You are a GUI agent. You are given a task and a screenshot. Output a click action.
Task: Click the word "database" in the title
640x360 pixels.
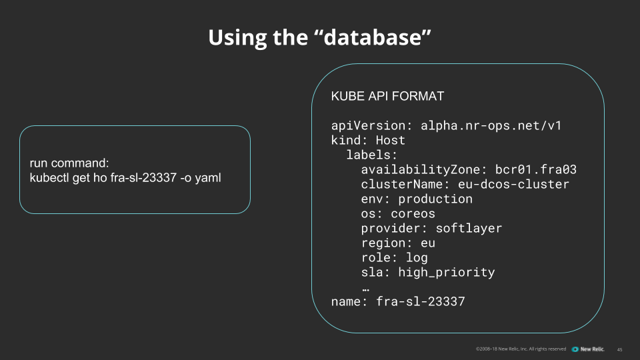(372, 37)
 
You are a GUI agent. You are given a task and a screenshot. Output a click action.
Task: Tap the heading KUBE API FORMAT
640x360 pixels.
(387, 96)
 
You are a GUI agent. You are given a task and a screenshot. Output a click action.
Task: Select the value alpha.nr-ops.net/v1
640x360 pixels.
(491, 126)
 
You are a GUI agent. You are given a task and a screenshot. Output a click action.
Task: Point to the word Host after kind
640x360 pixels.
(390, 140)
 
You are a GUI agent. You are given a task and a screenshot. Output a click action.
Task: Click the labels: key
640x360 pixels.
(371, 155)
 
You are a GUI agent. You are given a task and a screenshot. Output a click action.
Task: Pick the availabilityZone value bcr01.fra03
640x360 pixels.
(535, 169)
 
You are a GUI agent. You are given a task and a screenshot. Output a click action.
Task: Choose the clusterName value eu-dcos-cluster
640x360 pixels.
(513, 184)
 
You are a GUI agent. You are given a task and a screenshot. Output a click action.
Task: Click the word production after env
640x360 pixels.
(435, 199)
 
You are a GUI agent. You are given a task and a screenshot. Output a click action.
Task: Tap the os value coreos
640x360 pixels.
(413, 213)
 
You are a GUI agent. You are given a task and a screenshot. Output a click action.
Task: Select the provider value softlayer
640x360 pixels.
(469, 228)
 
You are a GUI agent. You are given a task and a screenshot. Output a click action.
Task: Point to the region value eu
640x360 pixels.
(428, 243)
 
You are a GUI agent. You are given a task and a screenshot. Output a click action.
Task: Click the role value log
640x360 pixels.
(417, 257)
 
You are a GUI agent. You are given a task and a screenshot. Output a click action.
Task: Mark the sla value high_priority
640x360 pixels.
(446, 272)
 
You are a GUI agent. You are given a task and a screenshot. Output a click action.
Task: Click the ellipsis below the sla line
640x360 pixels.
(366, 289)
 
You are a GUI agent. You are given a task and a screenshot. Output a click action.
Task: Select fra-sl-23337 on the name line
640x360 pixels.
(420, 301)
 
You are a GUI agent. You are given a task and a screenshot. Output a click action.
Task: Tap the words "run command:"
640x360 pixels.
(69, 163)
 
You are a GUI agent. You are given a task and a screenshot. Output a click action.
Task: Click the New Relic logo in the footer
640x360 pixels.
(588, 349)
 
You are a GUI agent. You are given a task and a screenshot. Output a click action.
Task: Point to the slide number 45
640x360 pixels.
(619, 349)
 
